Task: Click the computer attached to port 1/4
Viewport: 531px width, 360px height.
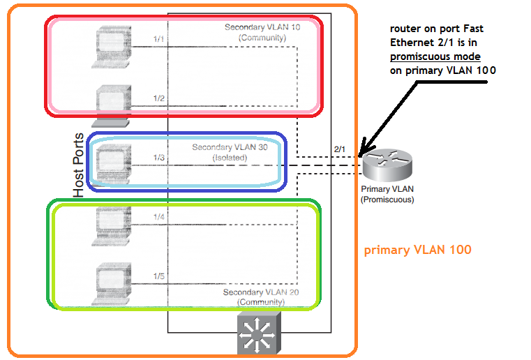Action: pos(112,225)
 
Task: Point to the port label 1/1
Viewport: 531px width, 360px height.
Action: pos(159,39)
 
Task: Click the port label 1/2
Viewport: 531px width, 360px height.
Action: pos(159,98)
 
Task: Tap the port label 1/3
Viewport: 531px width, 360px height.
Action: pos(159,158)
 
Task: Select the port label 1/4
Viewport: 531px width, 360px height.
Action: pos(159,217)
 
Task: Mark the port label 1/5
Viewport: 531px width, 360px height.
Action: pos(159,276)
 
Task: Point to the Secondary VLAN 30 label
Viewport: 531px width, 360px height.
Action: pos(230,153)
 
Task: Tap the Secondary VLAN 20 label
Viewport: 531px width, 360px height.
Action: pos(261,297)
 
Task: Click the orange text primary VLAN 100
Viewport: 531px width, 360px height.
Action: pos(417,250)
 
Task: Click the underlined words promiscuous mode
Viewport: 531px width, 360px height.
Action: pos(435,56)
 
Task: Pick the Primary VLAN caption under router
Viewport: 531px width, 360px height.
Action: pos(387,194)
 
